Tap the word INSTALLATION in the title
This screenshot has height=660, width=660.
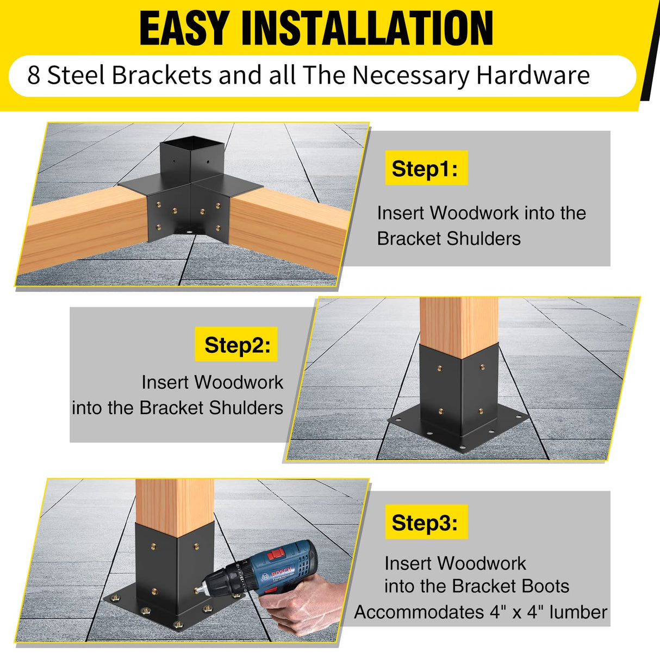(x=367, y=28)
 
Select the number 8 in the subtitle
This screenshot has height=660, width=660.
(x=33, y=76)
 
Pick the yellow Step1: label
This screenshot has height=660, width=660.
(x=426, y=169)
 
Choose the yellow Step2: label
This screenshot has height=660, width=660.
(x=236, y=345)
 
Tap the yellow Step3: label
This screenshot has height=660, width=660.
(x=426, y=522)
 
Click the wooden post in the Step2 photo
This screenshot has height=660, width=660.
(x=459, y=321)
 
